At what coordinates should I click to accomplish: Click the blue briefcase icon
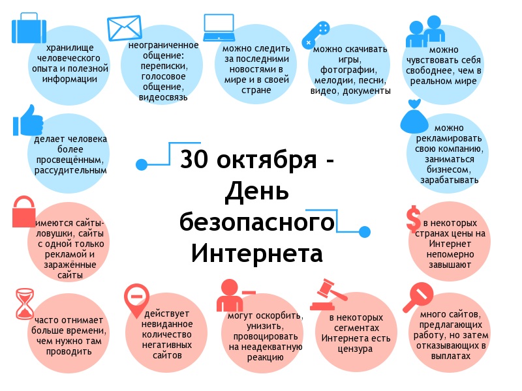point(27,29)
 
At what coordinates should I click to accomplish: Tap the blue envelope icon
point(125,27)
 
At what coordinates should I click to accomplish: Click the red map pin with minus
point(136,301)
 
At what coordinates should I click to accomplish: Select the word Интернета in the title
point(257,252)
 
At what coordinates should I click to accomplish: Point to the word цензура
point(356,349)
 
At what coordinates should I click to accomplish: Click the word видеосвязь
point(163,98)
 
